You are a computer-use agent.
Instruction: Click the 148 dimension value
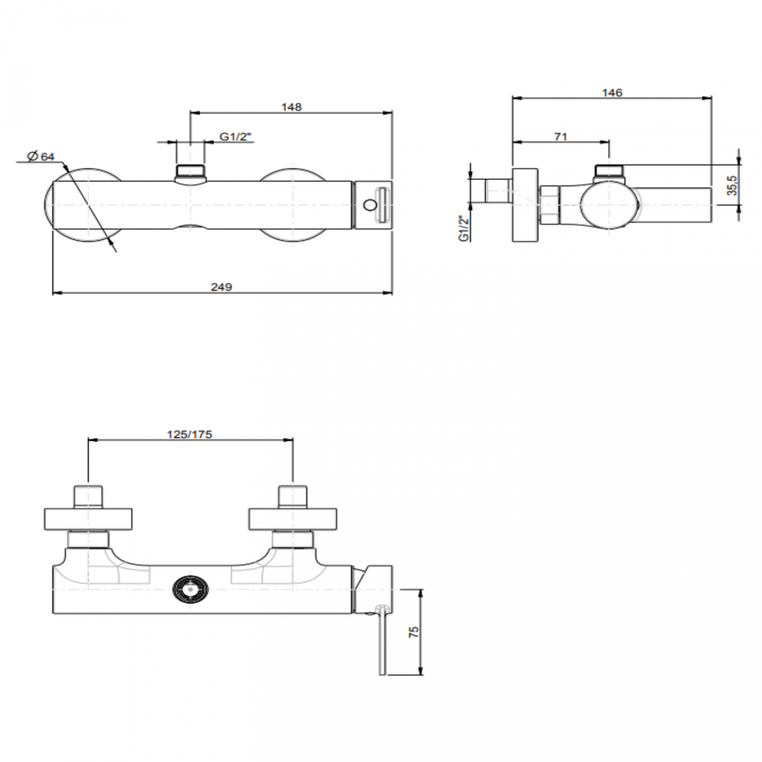pos(291,107)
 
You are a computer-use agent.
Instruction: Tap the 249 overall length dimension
pos(222,287)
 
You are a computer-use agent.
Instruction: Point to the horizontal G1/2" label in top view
pos(236,137)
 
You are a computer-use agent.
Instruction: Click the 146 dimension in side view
pos(612,93)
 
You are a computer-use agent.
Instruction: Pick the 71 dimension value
pos(560,137)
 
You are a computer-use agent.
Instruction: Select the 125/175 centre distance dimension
pos(189,434)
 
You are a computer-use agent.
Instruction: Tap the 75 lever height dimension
pos(414,632)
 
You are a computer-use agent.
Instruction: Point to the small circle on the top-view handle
pos(369,205)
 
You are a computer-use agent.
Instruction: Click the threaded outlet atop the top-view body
pos(190,172)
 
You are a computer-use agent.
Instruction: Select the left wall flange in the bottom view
pos(89,519)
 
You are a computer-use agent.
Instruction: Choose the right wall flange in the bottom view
pos(293,519)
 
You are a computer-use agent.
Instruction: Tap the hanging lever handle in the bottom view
pos(383,642)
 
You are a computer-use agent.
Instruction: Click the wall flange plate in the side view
pos(525,205)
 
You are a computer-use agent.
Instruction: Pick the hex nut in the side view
pos(549,205)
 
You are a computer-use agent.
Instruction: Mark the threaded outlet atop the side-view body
pos(610,171)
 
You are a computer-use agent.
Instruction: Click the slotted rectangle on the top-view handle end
pos(382,205)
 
